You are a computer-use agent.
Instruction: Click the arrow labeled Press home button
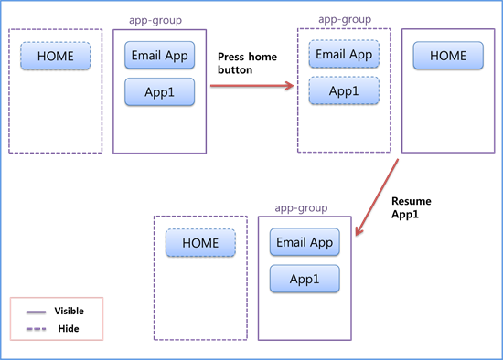(251, 87)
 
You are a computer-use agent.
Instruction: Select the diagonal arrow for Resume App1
(377, 198)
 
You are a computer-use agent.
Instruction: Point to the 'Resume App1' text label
(411, 207)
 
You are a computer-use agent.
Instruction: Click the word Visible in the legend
(69, 311)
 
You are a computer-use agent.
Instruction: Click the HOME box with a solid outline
(447, 56)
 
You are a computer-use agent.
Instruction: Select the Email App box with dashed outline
(343, 55)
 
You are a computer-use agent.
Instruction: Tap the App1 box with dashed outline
(343, 90)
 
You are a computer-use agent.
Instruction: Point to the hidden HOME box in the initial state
(55, 56)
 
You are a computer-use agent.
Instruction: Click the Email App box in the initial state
(159, 56)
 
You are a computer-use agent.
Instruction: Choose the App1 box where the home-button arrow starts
(159, 91)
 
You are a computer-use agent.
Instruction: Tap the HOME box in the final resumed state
(200, 243)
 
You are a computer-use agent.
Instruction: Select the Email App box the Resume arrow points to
(305, 243)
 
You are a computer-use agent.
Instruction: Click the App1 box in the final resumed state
(305, 279)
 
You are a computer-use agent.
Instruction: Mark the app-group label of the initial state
(159, 20)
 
